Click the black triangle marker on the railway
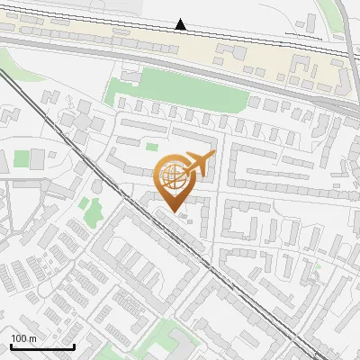[181, 24]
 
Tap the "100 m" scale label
[23, 338]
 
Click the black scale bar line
[42, 346]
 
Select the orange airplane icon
[199, 163]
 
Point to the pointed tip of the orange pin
[172, 211]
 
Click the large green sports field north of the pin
[180, 94]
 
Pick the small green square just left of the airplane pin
[152, 147]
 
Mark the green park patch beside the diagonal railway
[90, 210]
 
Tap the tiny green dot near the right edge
[318, 265]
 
